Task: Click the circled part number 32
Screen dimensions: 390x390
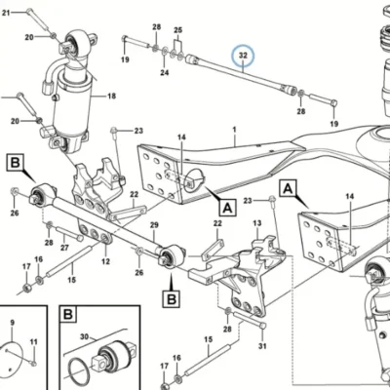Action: point(243,56)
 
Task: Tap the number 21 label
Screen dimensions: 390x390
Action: point(6,13)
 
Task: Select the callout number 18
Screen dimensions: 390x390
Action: point(111,97)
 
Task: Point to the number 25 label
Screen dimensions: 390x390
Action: point(177,30)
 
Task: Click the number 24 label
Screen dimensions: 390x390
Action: point(165,72)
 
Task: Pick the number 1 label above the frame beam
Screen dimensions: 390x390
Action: point(234,130)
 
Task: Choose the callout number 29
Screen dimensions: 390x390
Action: point(154,225)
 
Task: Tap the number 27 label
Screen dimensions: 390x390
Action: point(64,248)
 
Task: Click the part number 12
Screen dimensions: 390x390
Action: point(105,261)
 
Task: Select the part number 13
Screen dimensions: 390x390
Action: point(257,223)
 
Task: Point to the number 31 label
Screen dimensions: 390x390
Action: point(262,346)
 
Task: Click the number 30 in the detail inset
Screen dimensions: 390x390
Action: point(84,337)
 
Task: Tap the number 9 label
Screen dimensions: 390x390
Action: point(13,323)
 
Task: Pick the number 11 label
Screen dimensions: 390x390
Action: point(34,342)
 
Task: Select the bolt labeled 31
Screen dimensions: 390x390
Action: point(250,320)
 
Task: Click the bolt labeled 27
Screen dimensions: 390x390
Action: point(69,234)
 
